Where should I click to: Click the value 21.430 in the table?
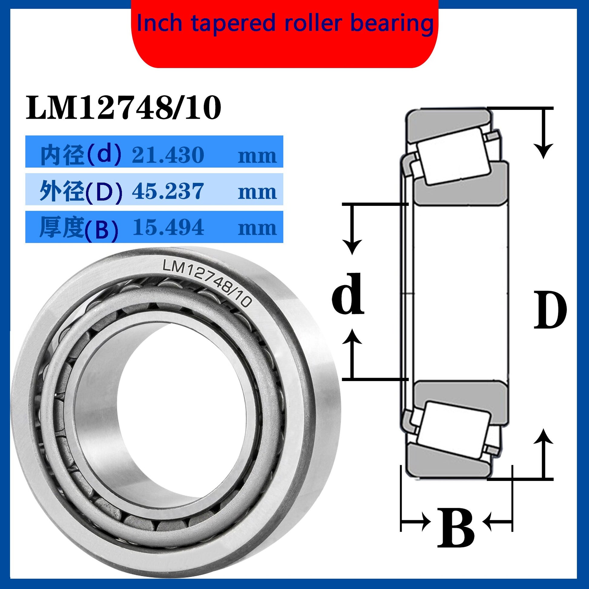click(x=168, y=155)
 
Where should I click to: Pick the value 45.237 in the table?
click(x=168, y=191)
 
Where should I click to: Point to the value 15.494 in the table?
click(x=168, y=227)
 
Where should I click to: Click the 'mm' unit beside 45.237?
click(x=257, y=193)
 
